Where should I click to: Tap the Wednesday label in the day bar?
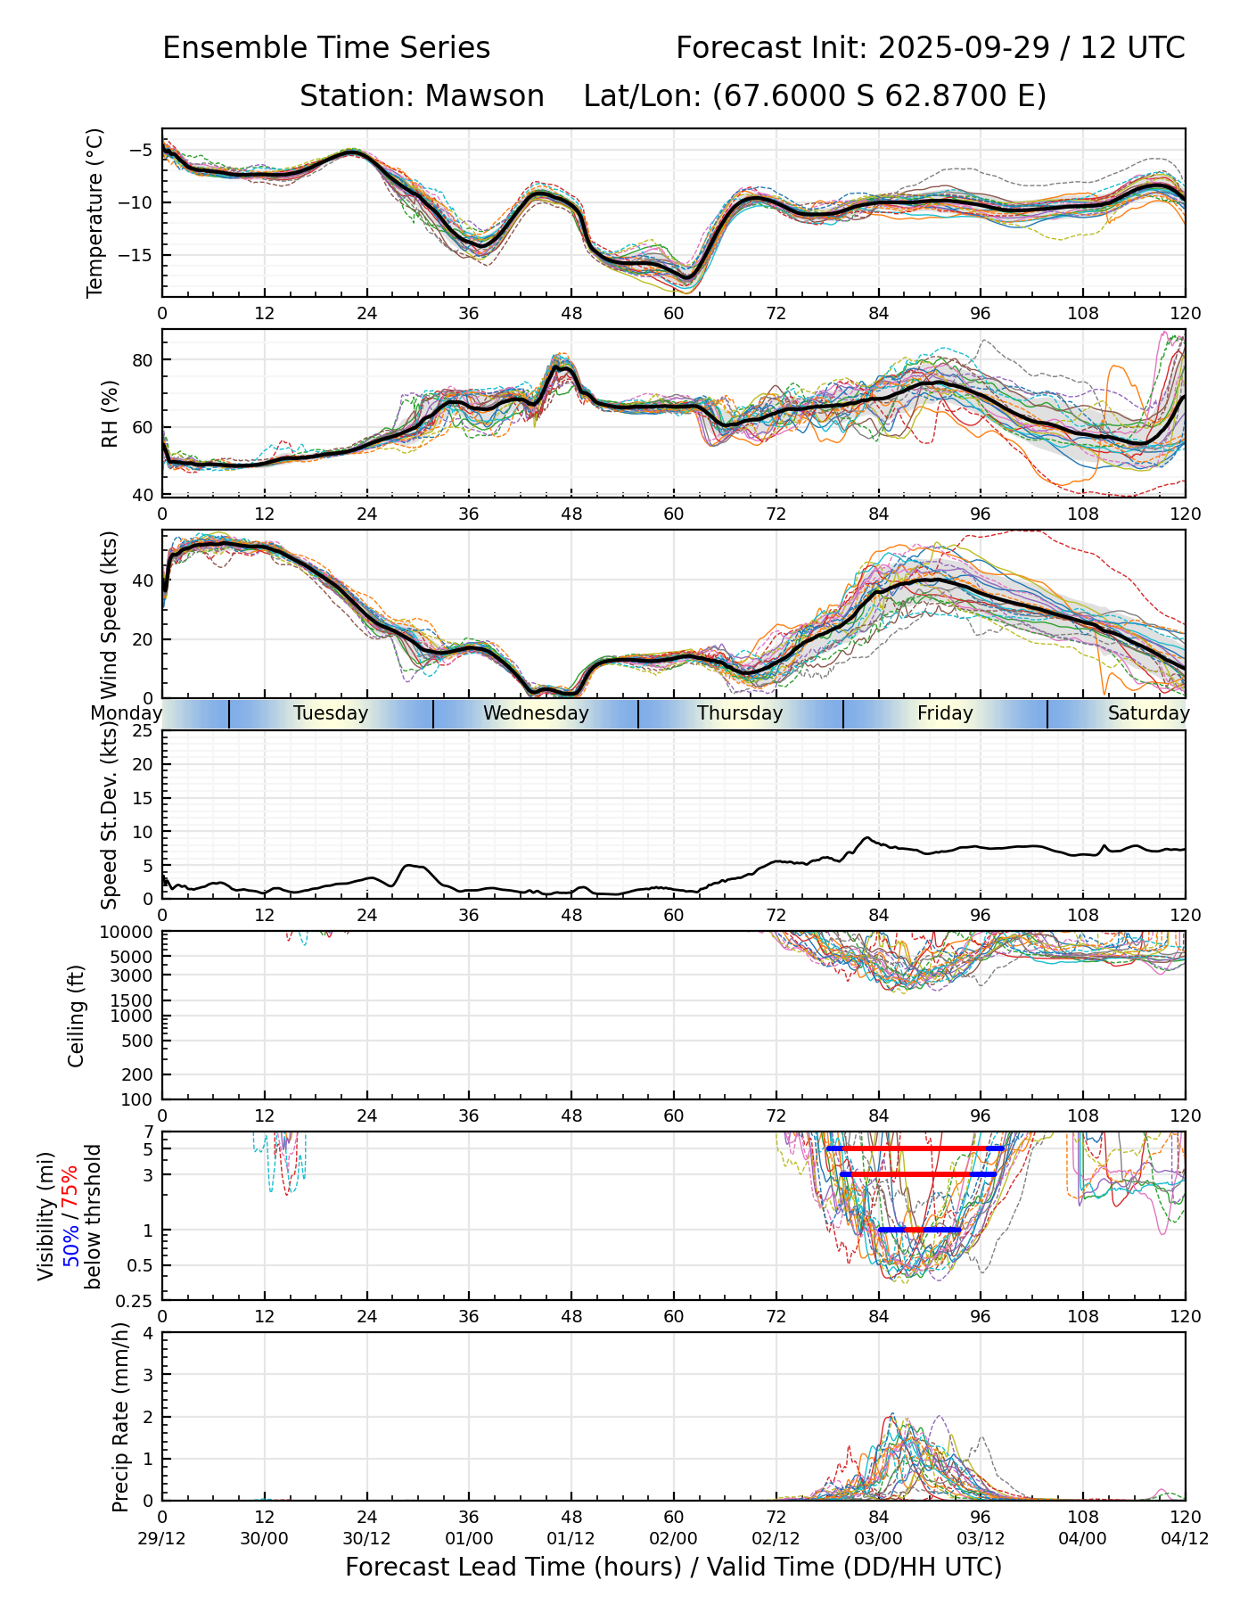point(536,713)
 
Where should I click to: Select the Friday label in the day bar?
point(945,713)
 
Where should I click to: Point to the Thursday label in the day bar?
point(740,713)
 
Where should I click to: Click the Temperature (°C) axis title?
point(95,212)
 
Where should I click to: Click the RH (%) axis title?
point(110,413)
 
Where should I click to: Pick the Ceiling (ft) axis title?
point(77,1016)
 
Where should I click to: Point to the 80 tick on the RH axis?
point(143,360)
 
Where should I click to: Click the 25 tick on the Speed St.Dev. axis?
point(143,731)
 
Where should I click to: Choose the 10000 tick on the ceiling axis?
point(128,933)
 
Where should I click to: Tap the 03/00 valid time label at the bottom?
point(878,1538)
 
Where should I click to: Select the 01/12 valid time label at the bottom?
point(571,1538)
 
